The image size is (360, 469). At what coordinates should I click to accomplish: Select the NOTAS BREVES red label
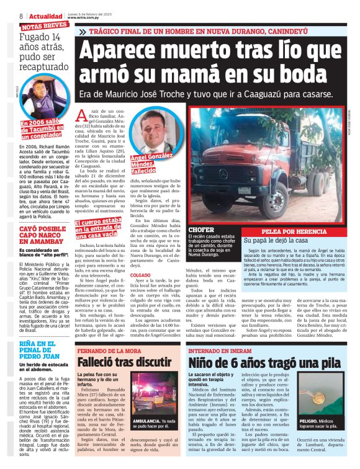44,27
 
